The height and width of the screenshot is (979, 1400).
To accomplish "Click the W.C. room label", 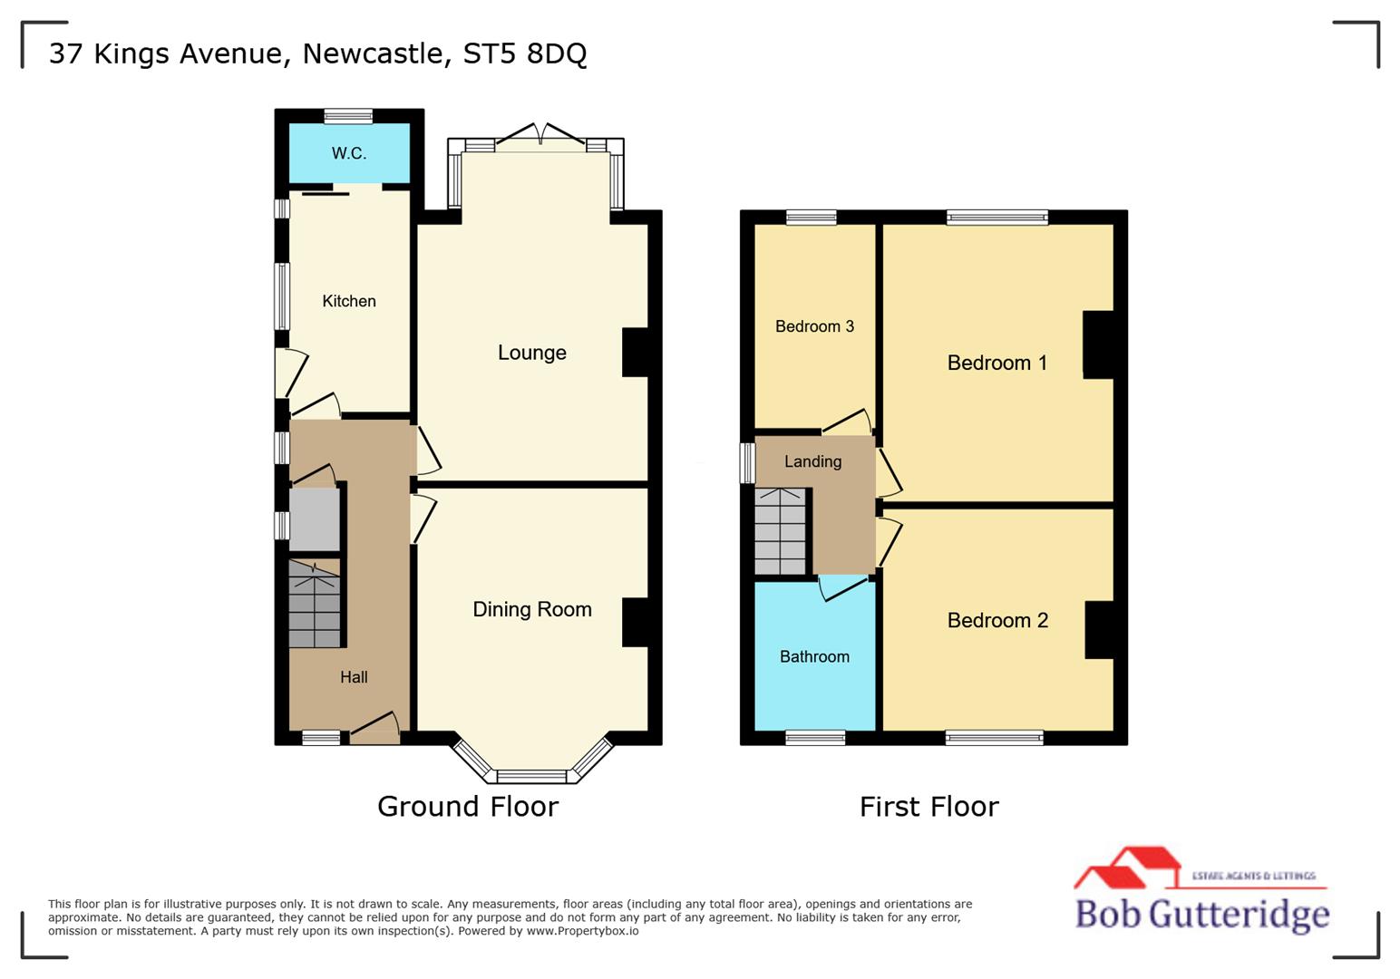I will [x=349, y=153].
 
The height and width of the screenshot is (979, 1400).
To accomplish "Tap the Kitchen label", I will [x=349, y=301].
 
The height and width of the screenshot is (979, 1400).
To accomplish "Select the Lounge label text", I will [x=532, y=353].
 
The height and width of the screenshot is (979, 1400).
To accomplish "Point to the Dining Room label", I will [x=532, y=609].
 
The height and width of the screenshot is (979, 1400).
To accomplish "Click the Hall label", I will [x=354, y=677].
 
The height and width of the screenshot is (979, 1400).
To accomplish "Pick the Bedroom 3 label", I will [x=814, y=326].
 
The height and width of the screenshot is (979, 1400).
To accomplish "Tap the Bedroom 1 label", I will [x=997, y=363].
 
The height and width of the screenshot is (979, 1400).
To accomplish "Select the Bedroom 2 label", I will [x=997, y=620].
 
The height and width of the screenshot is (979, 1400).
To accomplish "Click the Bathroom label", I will [x=814, y=656].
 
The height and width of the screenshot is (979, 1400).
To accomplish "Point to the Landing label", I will [x=812, y=461].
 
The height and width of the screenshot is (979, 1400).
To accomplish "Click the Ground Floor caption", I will [x=468, y=806].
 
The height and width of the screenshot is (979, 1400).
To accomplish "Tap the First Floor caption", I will [x=929, y=806].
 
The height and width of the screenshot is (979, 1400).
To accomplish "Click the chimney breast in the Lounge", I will [x=635, y=352].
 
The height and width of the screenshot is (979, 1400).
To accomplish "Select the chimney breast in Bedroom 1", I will [x=1098, y=344].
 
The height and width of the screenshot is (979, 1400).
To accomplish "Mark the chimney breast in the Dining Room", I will [x=635, y=622].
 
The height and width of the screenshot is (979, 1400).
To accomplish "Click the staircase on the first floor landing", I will [x=781, y=532].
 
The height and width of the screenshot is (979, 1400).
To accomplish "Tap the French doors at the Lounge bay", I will [x=540, y=141].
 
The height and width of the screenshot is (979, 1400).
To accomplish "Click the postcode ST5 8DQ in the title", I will [x=525, y=53].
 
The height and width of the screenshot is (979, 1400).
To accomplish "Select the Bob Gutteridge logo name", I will [x=1201, y=913].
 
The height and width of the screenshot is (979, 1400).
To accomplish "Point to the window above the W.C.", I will [x=349, y=115].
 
